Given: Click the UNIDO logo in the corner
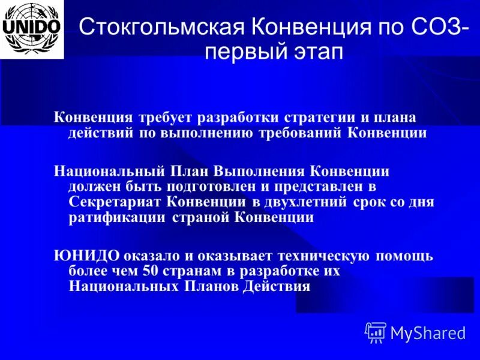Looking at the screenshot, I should [32, 29].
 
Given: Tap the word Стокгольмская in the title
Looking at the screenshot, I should [161, 27].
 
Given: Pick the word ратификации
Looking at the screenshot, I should [118, 218].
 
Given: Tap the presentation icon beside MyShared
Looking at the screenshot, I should [376, 332].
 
